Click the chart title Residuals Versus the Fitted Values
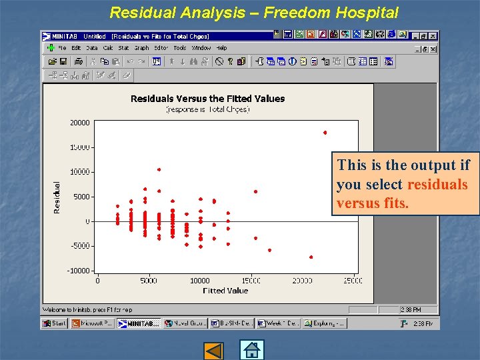[207, 99]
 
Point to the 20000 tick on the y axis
[80, 123]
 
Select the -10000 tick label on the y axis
[79, 271]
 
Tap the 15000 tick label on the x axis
[251, 281]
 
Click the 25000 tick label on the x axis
[353, 281]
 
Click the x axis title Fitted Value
[225, 291]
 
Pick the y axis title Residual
[57, 197]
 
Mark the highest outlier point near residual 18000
[325, 133]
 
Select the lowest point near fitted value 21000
[311, 257]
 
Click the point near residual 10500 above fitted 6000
[159, 169]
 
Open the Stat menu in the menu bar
[124, 48]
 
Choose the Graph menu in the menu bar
[141, 48]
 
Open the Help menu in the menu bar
[222, 48]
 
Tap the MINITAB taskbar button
[139, 323]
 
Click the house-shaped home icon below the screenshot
[252, 350]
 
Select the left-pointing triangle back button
[214, 351]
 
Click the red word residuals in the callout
[437, 185]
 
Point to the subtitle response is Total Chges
[207, 109]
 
